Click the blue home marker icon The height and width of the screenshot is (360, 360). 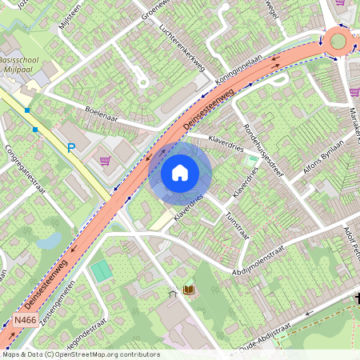tap(180, 172)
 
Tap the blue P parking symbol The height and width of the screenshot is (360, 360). tap(71, 148)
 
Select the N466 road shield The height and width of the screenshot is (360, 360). tap(24, 320)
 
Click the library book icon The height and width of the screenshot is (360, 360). tap(190, 290)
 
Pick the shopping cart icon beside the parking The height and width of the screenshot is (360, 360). tap(105, 160)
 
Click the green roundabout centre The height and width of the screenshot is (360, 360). tap(338, 41)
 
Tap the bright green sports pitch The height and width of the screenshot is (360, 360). tap(102, 270)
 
